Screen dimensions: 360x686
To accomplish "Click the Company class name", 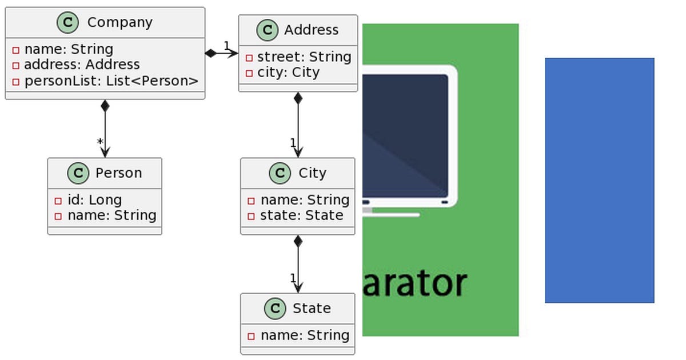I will [x=119, y=22].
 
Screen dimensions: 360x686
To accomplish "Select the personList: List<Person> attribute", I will [x=111, y=81].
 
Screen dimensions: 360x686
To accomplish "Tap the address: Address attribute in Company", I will [x=82, y=65].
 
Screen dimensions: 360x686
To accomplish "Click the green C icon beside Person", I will [x=78, y=173].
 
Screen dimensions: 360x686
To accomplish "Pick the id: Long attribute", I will [x=94, y=200].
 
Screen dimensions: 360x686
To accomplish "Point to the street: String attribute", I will [x=304, y=57].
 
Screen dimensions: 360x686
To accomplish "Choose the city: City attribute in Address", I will [x=288, y=73].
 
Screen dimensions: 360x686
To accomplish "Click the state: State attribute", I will [x=301, y=215].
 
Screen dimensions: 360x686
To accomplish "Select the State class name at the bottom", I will [x=312, y=309].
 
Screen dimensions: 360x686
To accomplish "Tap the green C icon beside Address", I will [x=267, y=30].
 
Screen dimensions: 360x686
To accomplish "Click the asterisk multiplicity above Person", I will [x=100, y=142].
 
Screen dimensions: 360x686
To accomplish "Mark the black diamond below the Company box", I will [x=105, y=106].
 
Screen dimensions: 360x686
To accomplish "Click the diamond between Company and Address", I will [x=211, y=54].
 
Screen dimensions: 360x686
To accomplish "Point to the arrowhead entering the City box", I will [x=298, y=153].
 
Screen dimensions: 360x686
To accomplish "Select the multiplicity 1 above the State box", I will [x=293, y=278].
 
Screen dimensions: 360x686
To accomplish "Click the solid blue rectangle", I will [x=599, y=180].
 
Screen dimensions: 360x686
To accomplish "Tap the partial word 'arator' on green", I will [x=414, y=283].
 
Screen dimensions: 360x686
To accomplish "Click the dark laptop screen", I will [x=405, y=134].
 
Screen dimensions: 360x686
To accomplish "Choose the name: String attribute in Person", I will [x=111, y=215].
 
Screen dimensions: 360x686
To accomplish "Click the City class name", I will [x=312, y=173].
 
